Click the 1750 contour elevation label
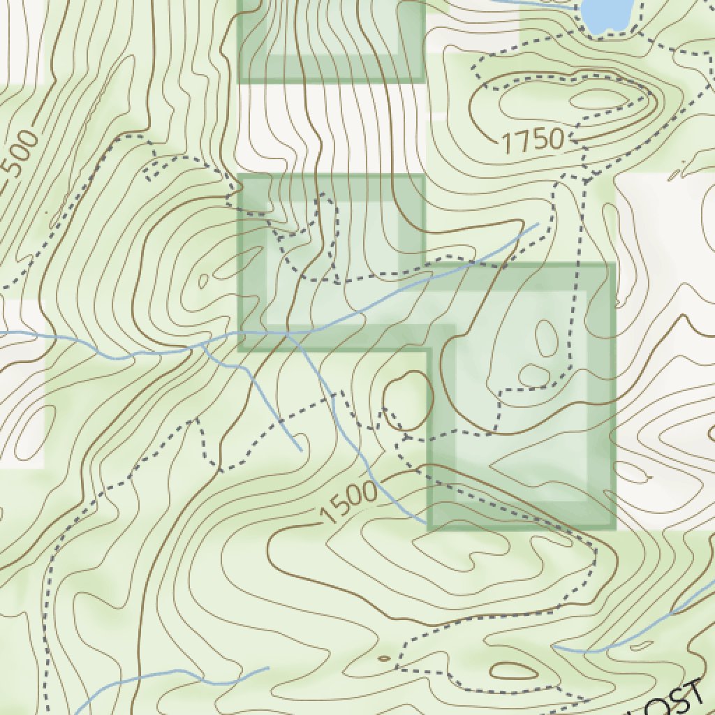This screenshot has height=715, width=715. (x=532, y=140)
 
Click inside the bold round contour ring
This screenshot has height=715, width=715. (x=408, y=399)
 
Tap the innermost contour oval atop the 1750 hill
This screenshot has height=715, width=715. (x=597, y=99)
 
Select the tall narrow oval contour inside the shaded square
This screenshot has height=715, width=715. (x=546, y=339)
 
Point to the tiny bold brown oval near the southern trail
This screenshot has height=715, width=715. (x=383, y=658)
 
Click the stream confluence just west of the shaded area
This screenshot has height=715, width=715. (x=202, y=344)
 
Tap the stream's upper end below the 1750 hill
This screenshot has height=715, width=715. (x=538, y=224)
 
